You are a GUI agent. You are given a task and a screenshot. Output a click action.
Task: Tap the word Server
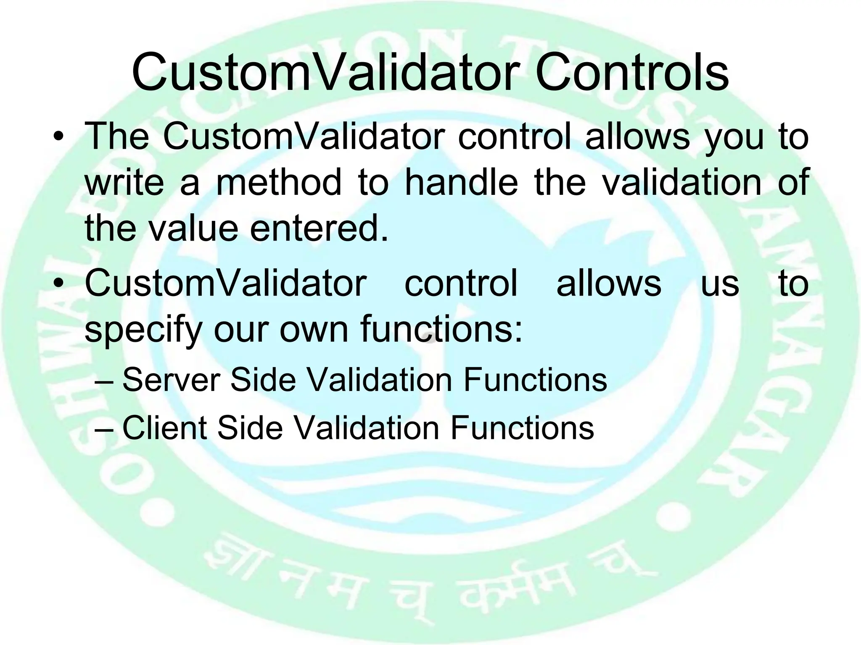[x=171, y=380]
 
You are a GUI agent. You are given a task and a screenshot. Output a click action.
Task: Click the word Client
[x=164, y=428]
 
